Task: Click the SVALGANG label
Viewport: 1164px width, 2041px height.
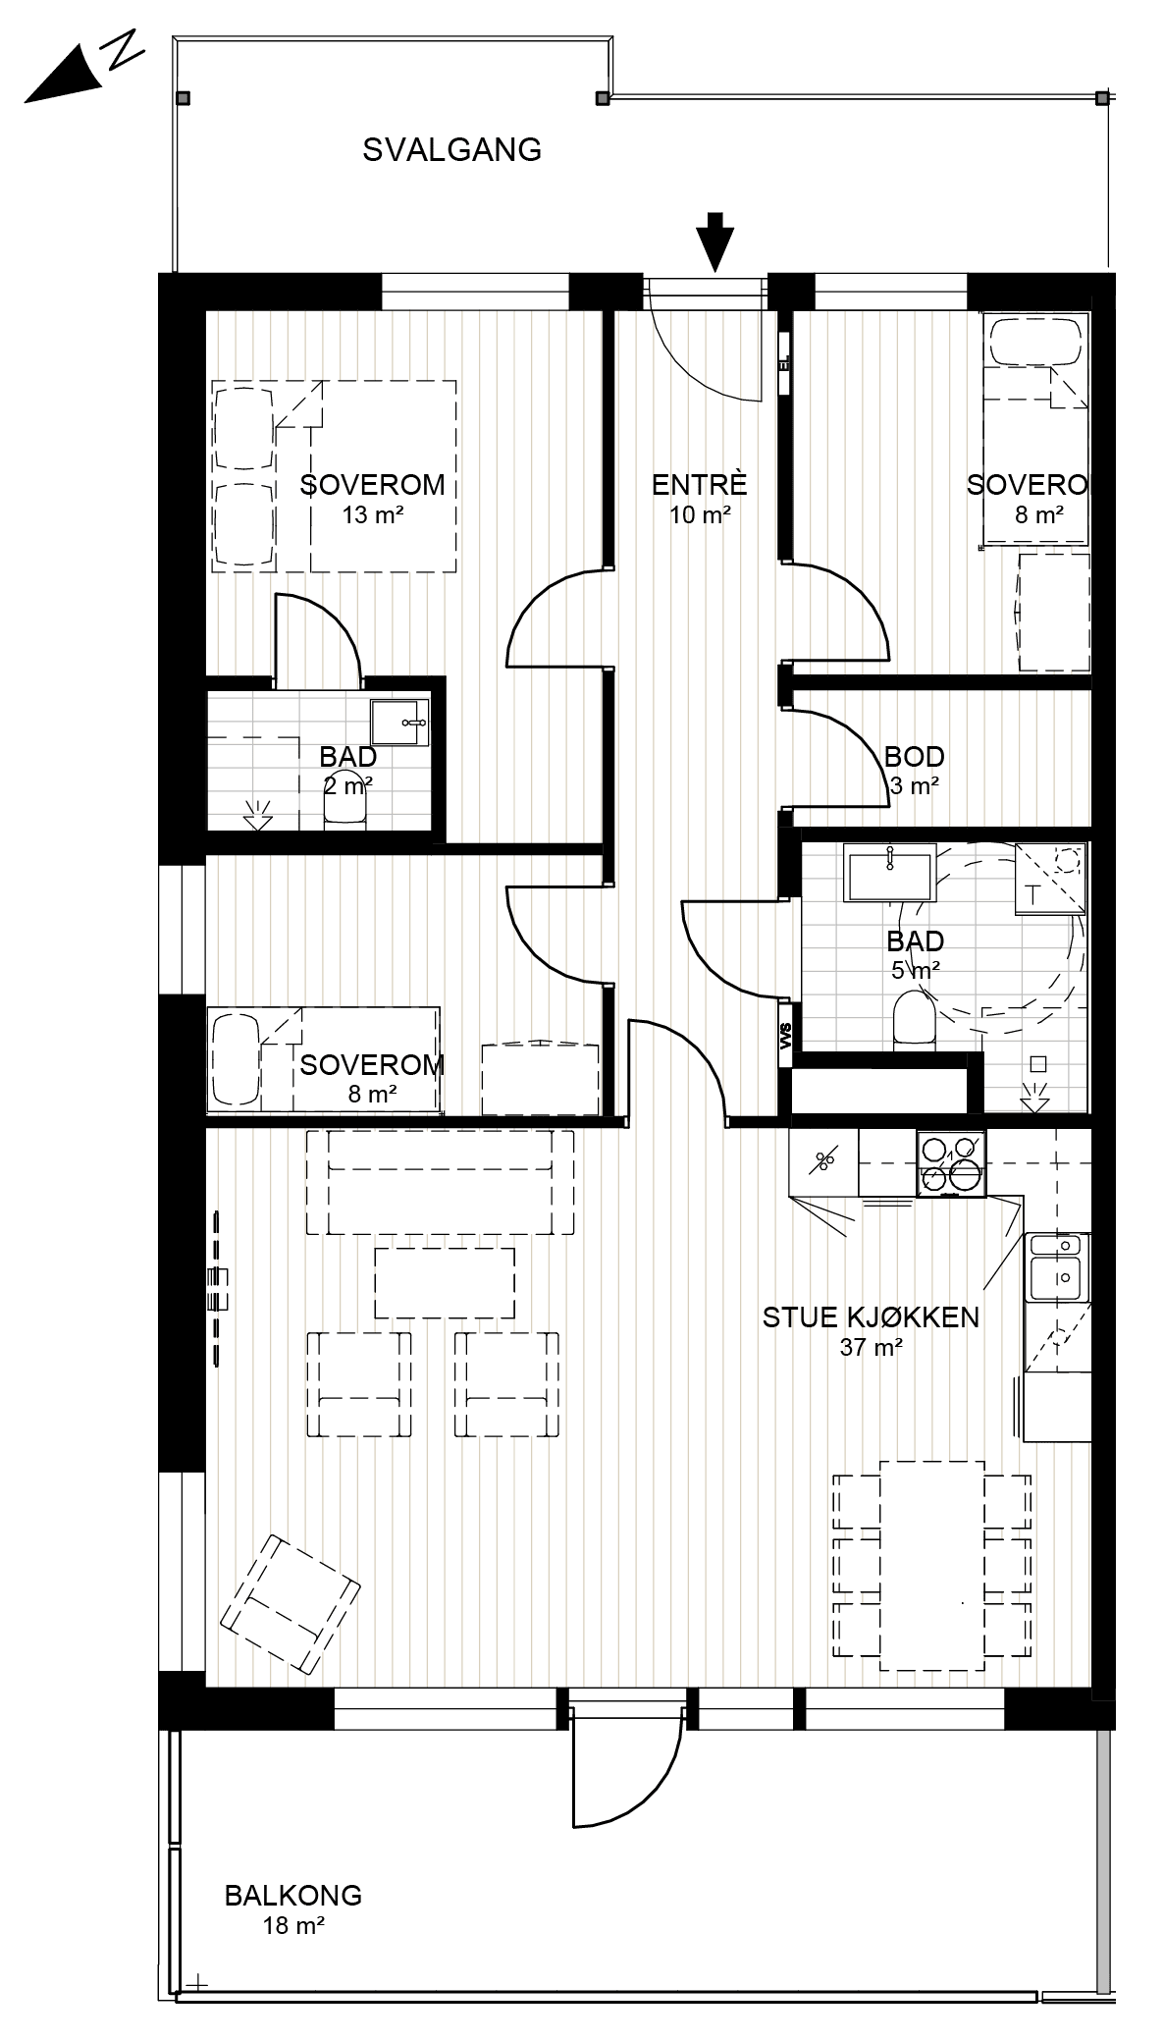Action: pyautogui.click(x=451, y=150)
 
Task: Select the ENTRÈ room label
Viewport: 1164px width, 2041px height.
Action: pyautogui.click(x=700, y=485)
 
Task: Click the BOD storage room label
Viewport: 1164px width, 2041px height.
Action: pyautogui.click(x=914, y=757)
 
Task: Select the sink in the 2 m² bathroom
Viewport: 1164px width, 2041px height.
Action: pyautogui.click(x=400, y=724)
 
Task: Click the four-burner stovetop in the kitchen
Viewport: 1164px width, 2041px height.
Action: pyautogui.click(x=951, y=1163)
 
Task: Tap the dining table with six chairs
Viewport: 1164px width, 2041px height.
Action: pyautogui.click(x=931, y=1565)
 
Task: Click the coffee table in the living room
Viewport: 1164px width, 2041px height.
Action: pyautogui.click(x=446, y=1283)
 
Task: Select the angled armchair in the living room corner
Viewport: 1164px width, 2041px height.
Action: pyautogui.click(x=291, y=1605)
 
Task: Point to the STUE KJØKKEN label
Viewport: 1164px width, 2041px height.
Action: pyautogui.click(x=871, y=1317)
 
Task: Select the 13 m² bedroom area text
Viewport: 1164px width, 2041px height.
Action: pyautogui.click(x=373, y=515)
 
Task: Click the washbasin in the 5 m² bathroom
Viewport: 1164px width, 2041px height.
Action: pyautogui.click(x=888, y=877)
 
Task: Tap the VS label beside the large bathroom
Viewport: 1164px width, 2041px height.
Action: pyautogui.click(x=785, y=1037)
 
